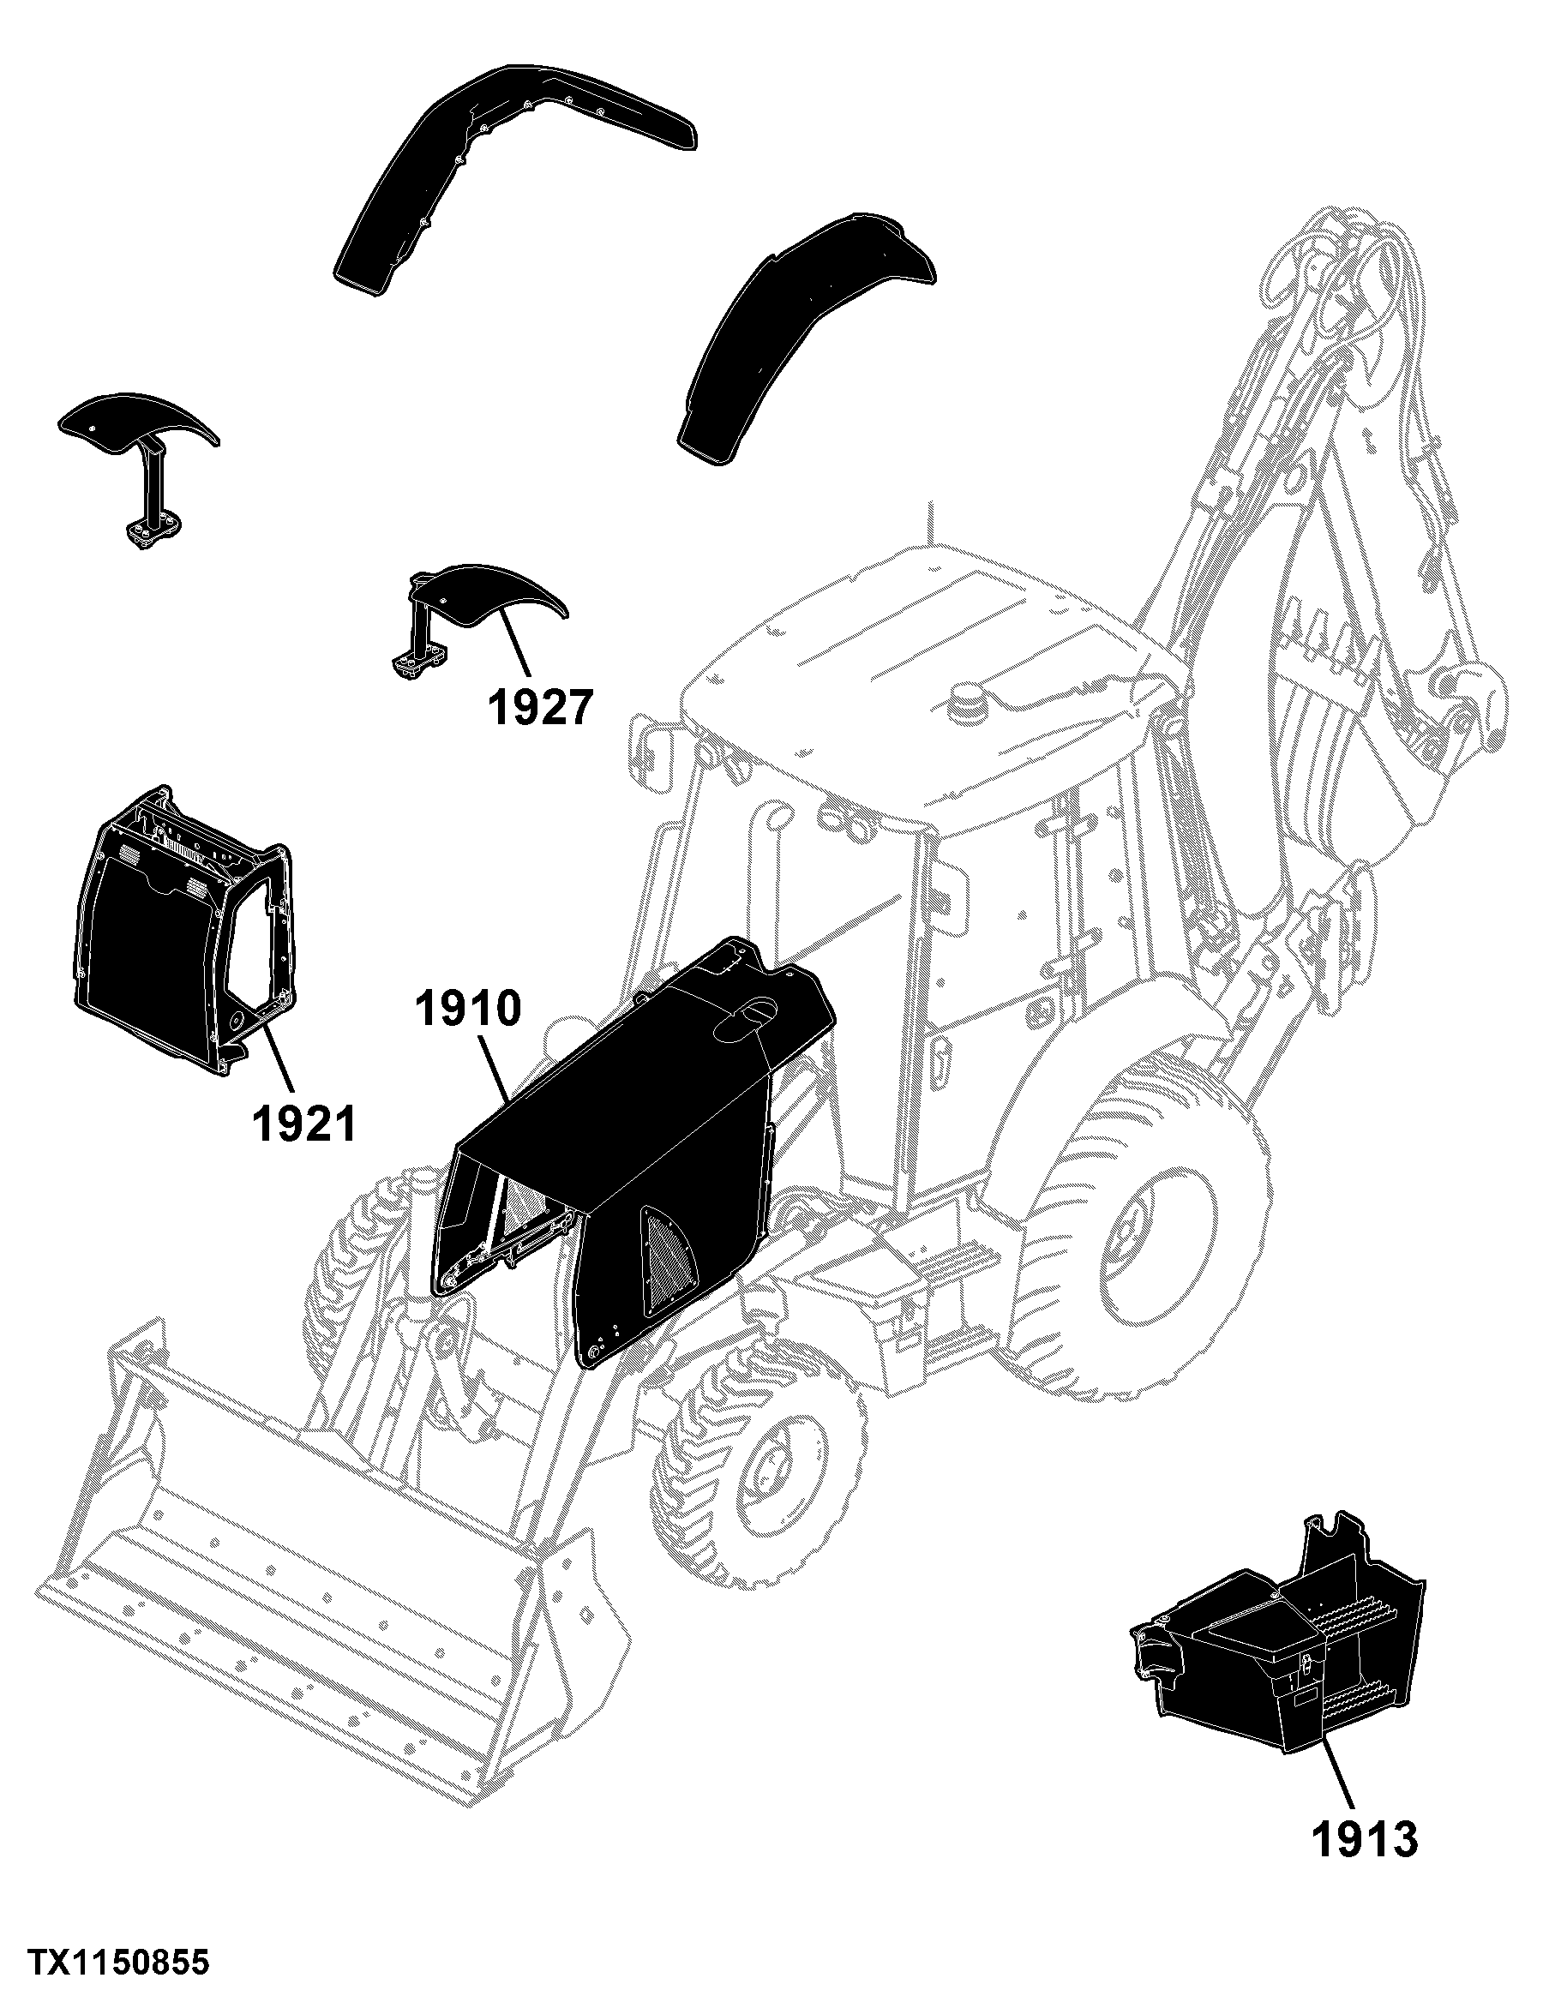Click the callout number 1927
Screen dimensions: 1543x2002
click(x=540, y=708)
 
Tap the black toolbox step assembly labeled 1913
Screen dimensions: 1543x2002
click(x=1279, y=1632)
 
